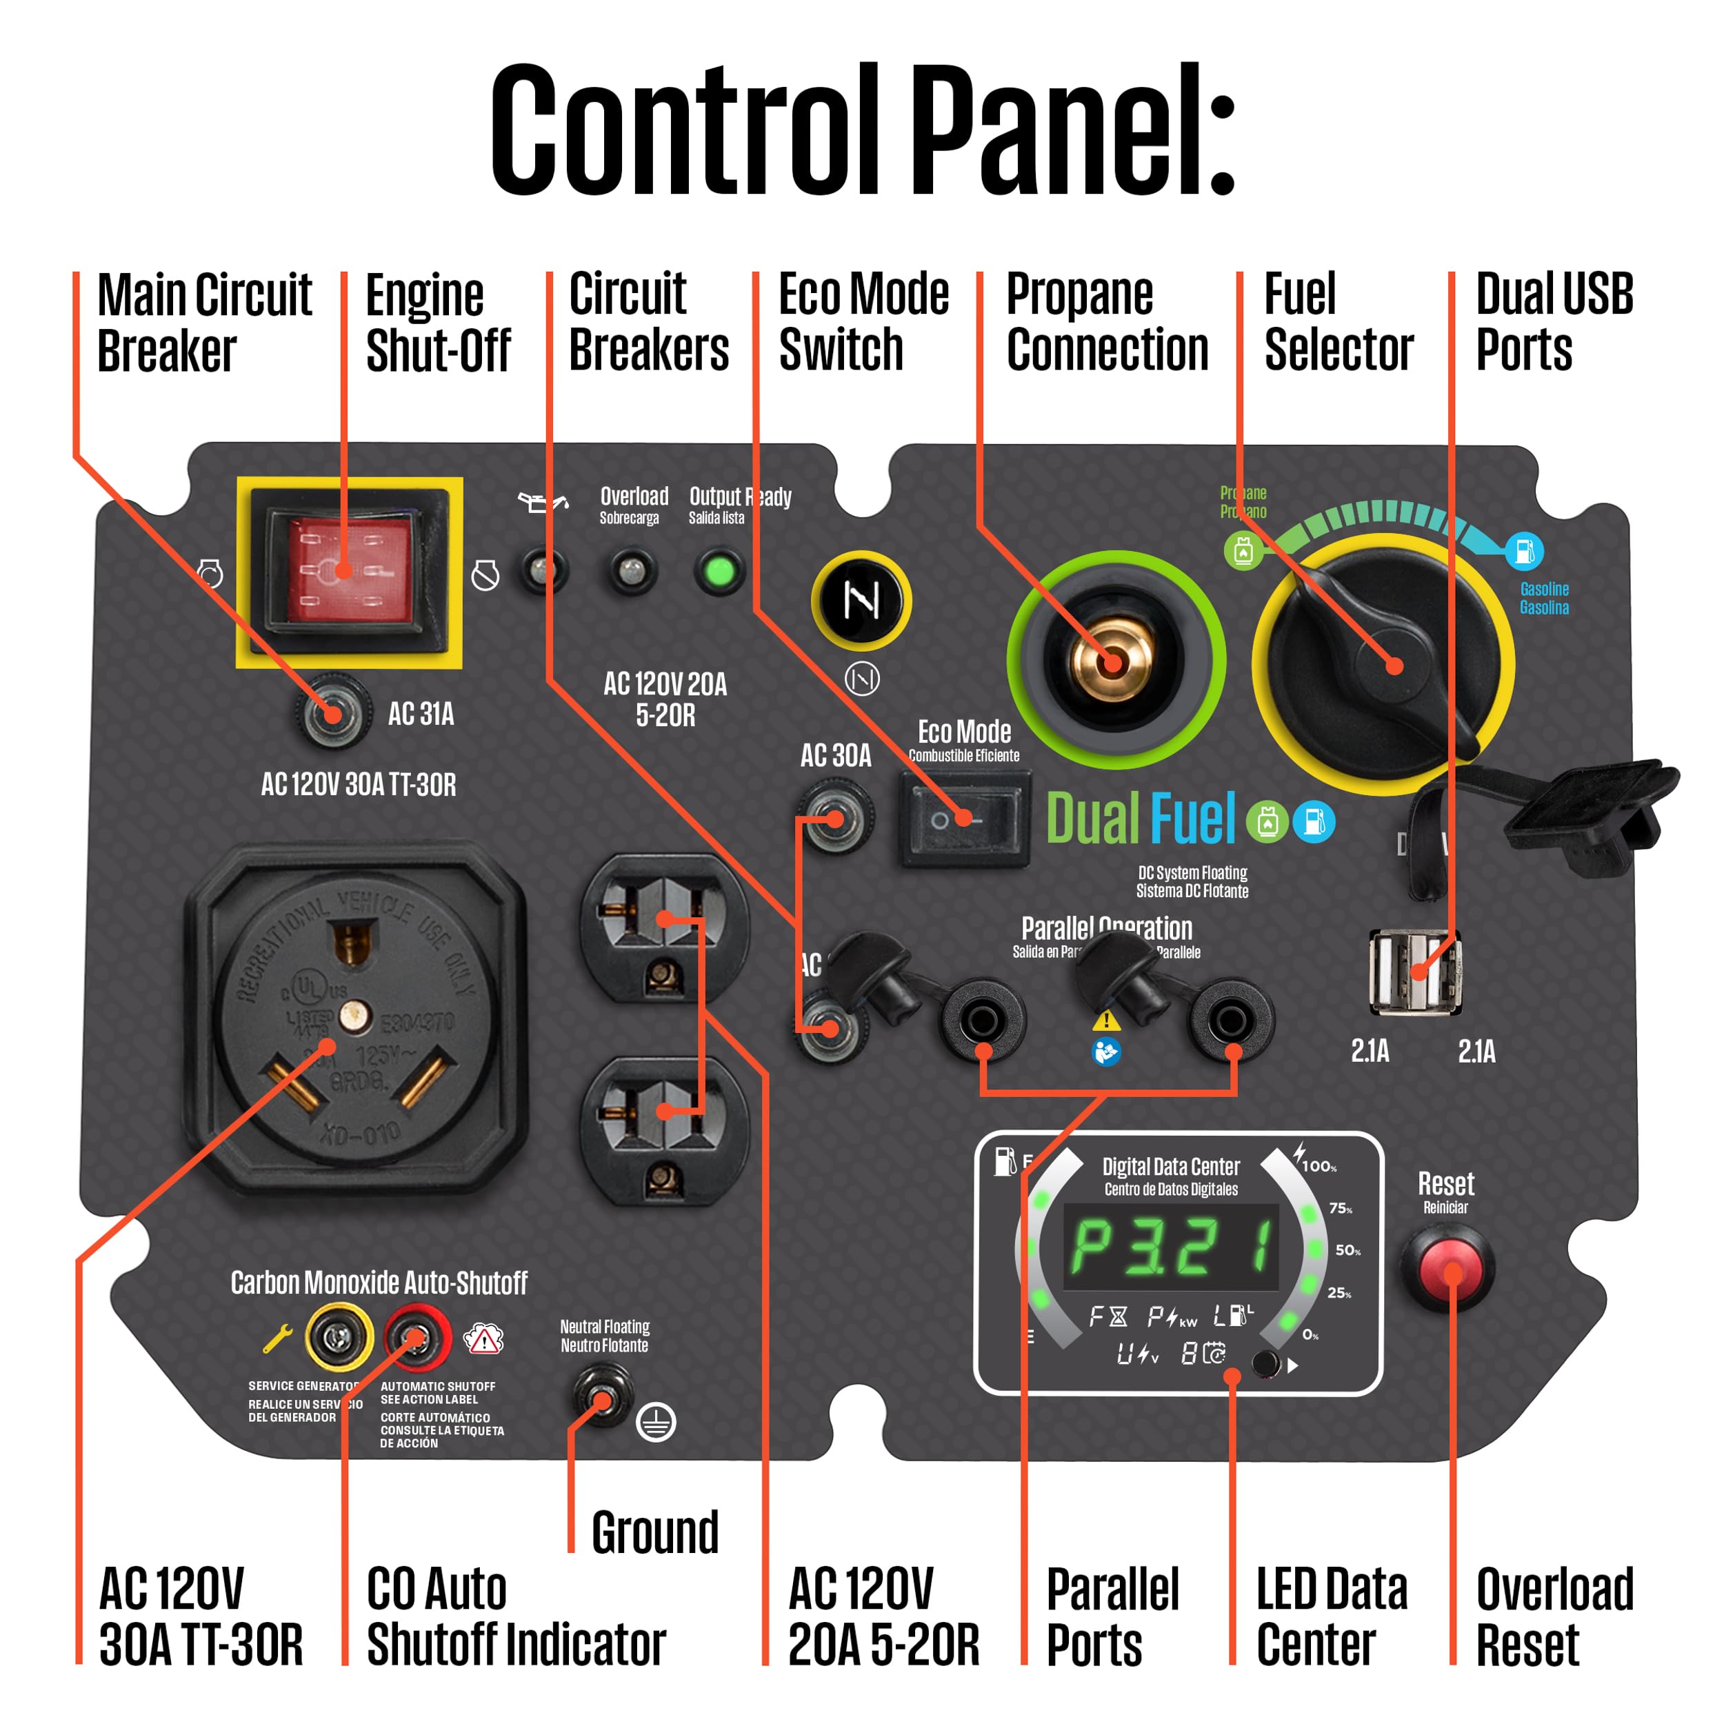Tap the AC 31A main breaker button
(332, 714)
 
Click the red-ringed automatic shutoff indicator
(417, 1336)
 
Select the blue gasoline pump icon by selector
(1524, 550)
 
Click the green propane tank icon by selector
(1243, 550)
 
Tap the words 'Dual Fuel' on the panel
(1141, 819)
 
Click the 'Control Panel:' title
(862, 130)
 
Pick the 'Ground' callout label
(655, 1532)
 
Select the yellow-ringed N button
(861, 601)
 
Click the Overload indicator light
(632, 570)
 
